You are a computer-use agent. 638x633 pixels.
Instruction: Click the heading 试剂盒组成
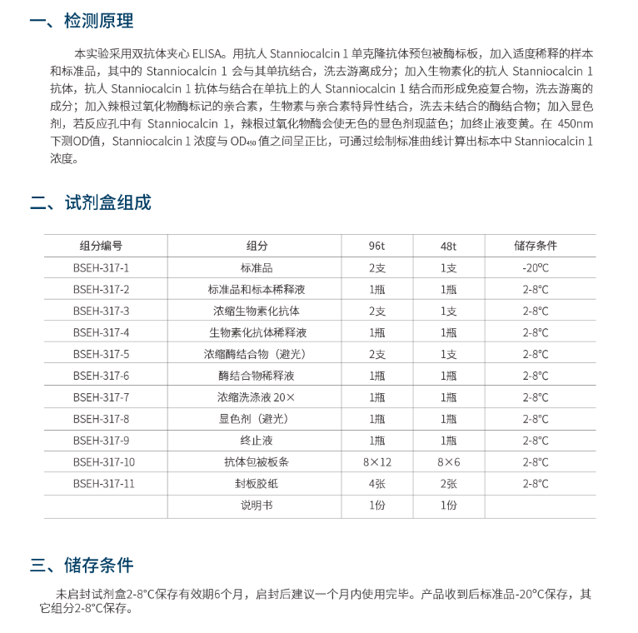pyautogui.click(x=107, y=202)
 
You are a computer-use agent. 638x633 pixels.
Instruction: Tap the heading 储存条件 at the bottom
pyautogui.click(x=98, y=566)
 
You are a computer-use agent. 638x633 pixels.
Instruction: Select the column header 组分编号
pyautogui.click(x=102, y=246)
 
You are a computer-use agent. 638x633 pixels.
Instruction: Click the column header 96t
pyautogui.click(x=376, y=246)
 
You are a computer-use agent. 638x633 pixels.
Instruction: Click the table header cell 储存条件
pyautogui.click(x=536, y=246)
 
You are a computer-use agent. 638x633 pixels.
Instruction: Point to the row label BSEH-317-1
pyautogui.click(x=102, y=267)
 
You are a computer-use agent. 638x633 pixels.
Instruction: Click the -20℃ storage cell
pyautogui.click(x=536, y=267)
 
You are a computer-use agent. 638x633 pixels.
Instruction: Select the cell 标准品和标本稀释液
pyautogui.click(x=257, y=289)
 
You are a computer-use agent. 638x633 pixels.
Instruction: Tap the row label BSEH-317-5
pyautogui.click(x=102, y=354)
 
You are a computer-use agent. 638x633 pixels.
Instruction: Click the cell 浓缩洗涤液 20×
pyautogui.click(x=257, y=397)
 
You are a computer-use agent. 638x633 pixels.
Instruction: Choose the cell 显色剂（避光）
pyautogui.click(x=257, y=419)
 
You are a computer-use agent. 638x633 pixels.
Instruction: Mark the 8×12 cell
pyautogui.click(x=376, y=462)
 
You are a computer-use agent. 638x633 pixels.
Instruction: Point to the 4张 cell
pyautogui.click(x=376, y=484)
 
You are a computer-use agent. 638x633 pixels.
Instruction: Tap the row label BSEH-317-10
pyautogui.click(x=104, y=462)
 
